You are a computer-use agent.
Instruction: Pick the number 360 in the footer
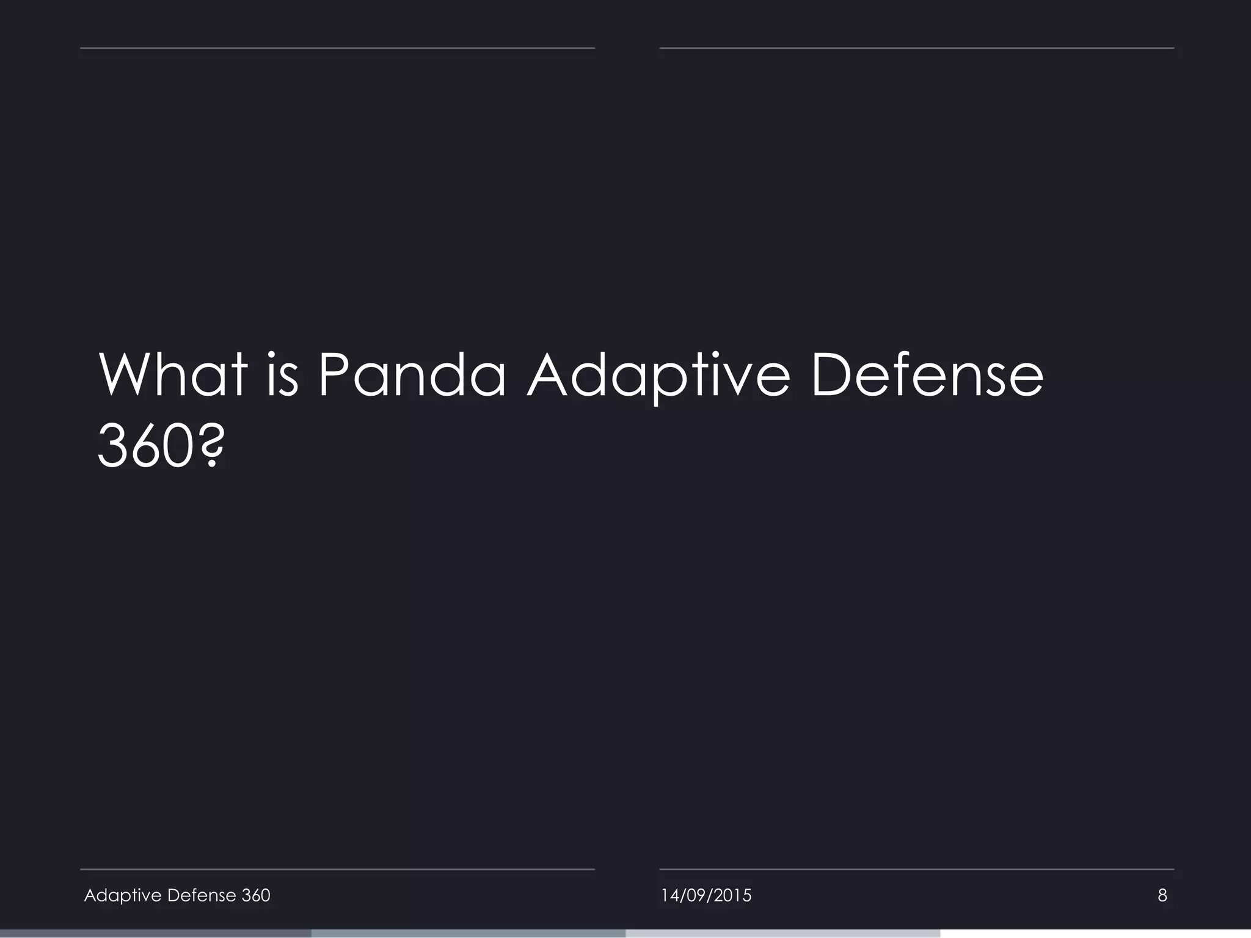coord(256,895)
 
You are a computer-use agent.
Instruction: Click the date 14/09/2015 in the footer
coord(706,896)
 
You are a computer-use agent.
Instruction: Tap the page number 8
coord(1162,896)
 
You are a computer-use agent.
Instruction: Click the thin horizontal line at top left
coord(337,48)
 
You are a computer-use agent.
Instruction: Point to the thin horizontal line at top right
coord(916,48)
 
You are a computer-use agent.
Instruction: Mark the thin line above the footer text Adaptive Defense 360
coord(337,869)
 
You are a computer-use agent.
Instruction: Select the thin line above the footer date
coord(916,869)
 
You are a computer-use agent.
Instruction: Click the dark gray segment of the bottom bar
coord(156,934)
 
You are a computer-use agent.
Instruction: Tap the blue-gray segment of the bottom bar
coord(469,934)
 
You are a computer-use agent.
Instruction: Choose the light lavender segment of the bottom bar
coord(782,934)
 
